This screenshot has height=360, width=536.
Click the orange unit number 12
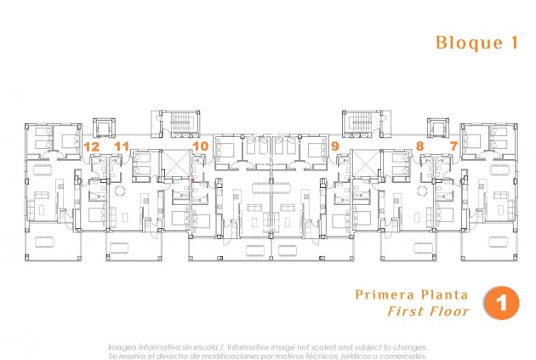92,146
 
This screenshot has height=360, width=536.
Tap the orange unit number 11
122,146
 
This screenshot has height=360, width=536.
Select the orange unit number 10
200,146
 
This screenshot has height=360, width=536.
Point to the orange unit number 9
334,146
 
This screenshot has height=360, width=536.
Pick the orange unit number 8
419,146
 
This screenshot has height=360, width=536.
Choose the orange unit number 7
453,146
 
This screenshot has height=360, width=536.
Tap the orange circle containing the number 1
500,304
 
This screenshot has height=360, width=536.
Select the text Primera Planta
412,294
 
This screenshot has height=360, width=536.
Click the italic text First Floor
427,311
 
